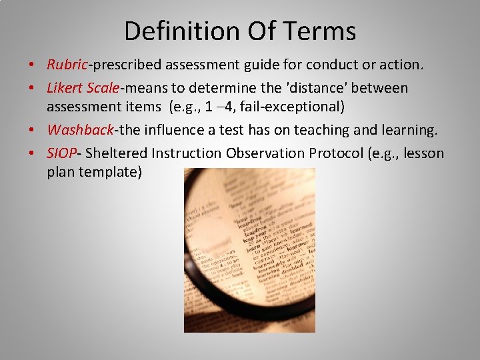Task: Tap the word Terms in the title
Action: point(323,31)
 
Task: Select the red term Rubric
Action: point(67,65)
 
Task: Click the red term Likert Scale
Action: point(83,88)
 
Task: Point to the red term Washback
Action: point(81,130)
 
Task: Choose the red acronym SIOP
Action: point(62,153)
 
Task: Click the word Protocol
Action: point(336,153)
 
